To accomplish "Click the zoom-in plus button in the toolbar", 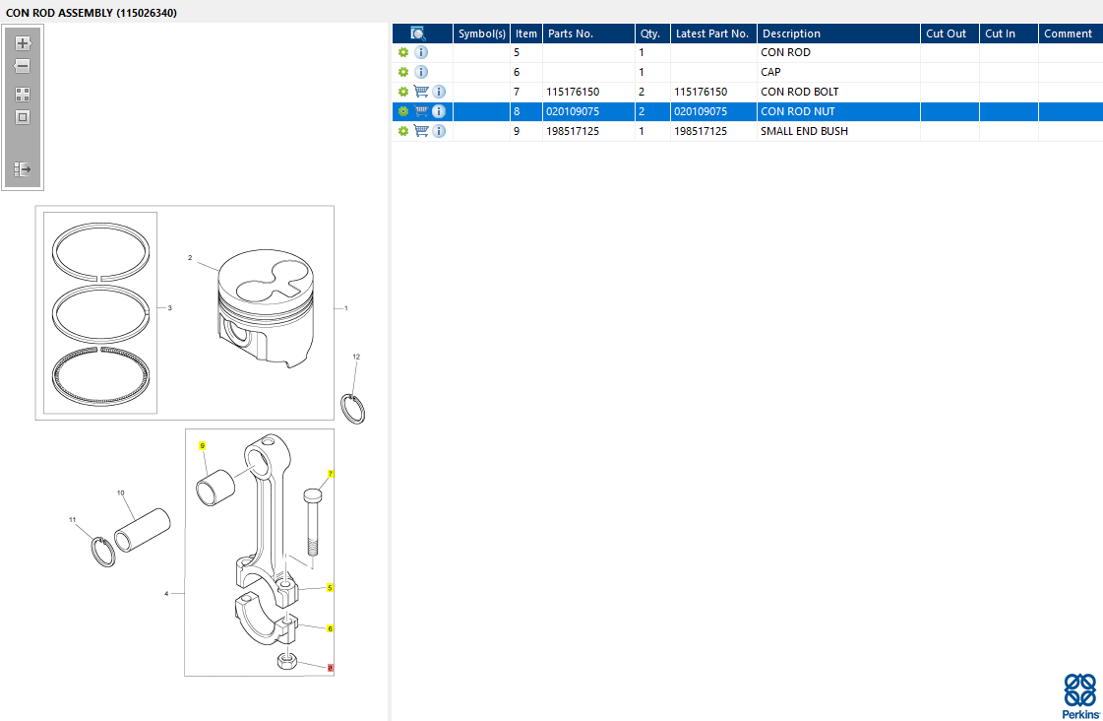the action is click(x=23, y=43).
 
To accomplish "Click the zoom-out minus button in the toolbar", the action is click(x=23, y=66).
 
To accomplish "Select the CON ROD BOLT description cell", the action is click(x=800, y=92).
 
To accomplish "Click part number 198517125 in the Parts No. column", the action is click(x=573, y=131).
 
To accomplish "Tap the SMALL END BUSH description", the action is click(x=804, y=131).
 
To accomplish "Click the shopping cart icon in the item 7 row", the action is click(x=421, y=92).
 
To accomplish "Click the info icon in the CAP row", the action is click(x=421, y=72).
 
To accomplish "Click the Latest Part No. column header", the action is click(x=713, y=33).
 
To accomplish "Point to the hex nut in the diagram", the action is click(x=287, y=661).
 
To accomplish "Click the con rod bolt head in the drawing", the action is click(x=313, y=495).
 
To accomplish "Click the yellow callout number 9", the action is click(x=202, y=445).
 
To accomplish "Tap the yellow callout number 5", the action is click(x=330, y=588).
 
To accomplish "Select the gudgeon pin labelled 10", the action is click(x=142, y=530).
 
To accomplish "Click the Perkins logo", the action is click(x=1080, y=696).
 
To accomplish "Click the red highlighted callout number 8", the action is click(x=331, y=668).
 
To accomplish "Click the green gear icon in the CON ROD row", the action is click(x=403, y=52).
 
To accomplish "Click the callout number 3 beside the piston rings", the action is click(x=169, y=307).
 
